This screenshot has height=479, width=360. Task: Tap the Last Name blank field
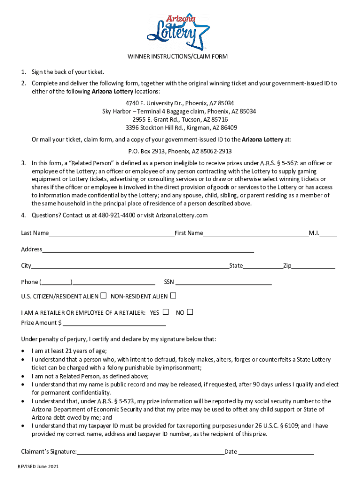[111, 232]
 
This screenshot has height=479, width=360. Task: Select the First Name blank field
[255, 232]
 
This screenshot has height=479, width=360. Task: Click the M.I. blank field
[328, 232]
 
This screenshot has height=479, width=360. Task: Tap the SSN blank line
[223, 282]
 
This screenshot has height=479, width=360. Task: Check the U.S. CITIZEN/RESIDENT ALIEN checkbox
[103, 296]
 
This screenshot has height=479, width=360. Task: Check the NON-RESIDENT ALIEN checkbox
[173, 296]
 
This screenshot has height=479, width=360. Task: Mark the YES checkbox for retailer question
[166, 312]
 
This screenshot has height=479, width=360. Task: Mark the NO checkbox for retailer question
[190, 312]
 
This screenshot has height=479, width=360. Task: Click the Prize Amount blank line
[114, 323]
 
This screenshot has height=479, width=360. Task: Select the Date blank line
[276, 452]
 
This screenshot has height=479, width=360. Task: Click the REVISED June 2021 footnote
[38, 467]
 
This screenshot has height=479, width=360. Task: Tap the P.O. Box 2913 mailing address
[180, 152]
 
